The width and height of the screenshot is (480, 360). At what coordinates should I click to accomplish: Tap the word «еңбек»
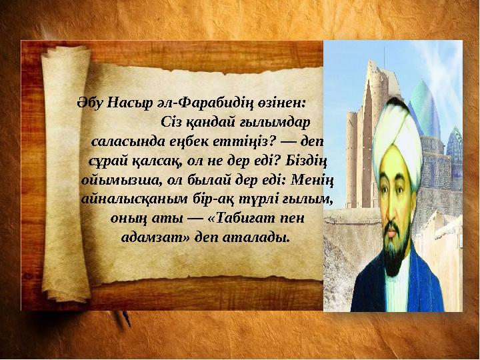coord(189,143)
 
